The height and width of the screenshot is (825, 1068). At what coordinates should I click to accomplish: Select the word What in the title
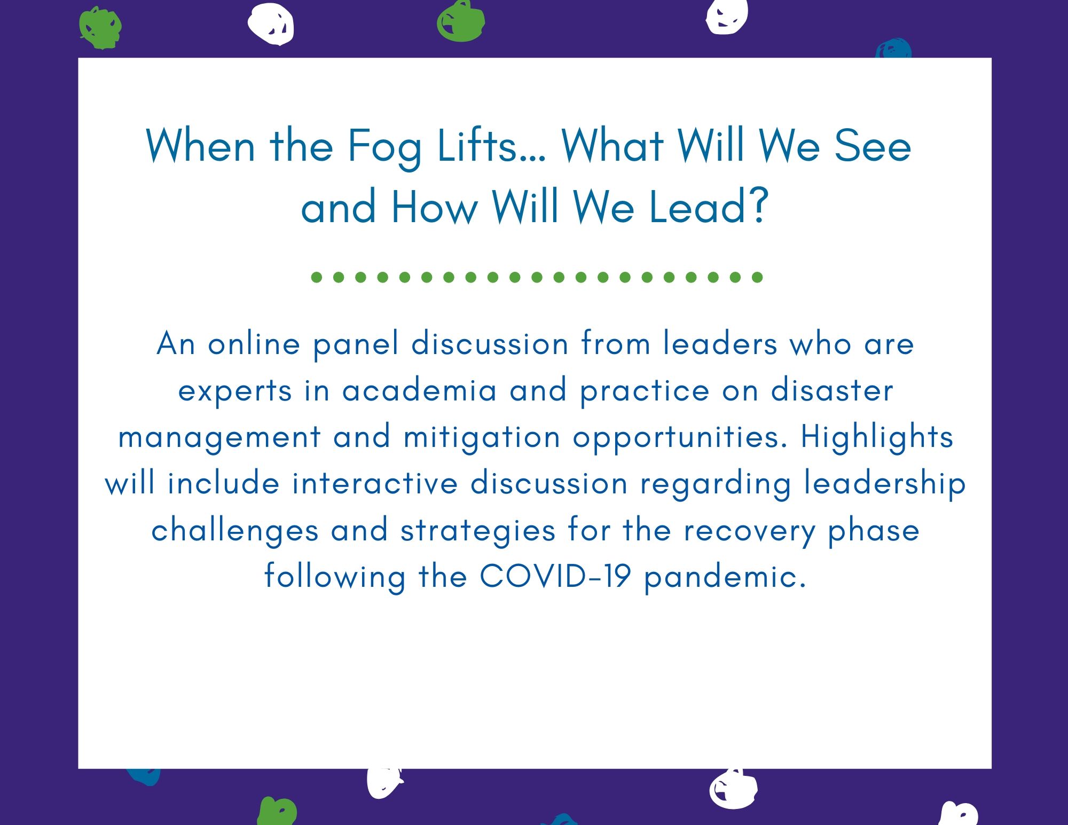(x=612, y=145)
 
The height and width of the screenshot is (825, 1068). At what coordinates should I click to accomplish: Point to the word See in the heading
(x=872, y=146)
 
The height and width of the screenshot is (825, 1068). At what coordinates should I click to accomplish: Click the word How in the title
(x=434, y=207)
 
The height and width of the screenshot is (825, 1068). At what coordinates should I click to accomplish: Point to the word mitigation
(x=482, y=438)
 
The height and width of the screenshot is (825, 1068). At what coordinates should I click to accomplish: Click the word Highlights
(x=877, y=437)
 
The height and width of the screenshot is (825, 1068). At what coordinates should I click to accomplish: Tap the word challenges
(x=235, y=531)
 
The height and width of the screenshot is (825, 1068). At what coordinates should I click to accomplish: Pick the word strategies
(x=478, y=531)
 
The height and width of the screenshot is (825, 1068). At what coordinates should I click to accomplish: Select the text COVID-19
(x=555, y=576)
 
